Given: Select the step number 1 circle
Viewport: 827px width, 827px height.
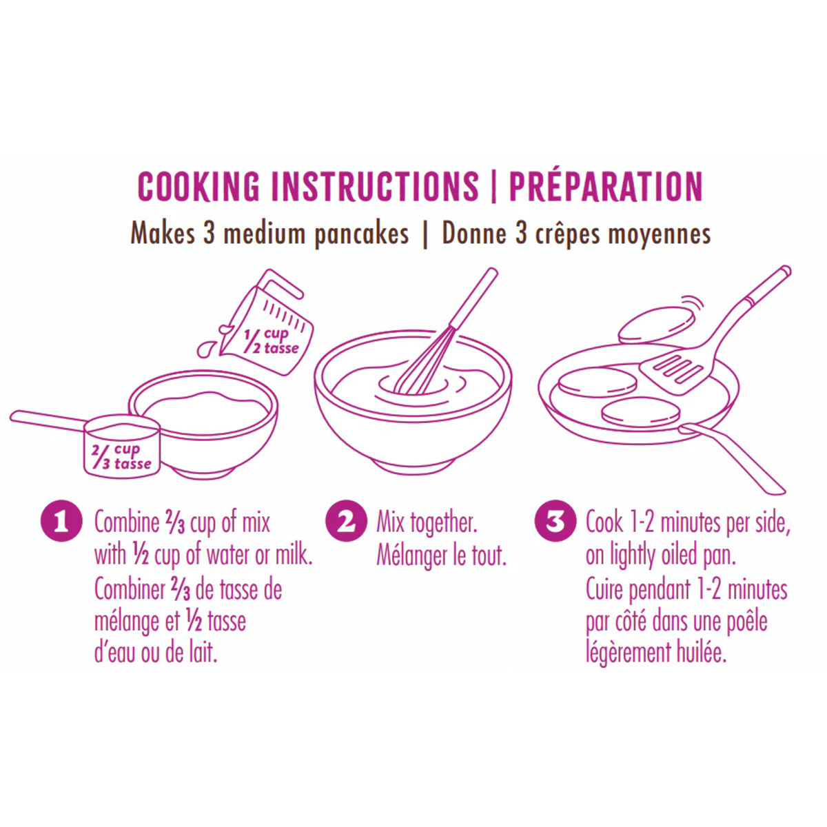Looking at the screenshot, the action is point(61,522).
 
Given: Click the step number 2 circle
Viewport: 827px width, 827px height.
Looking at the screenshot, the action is point(346,522).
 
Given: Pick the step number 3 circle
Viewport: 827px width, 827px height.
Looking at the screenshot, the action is point(555,522).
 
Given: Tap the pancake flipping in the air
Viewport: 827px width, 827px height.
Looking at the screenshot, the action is point(656,325).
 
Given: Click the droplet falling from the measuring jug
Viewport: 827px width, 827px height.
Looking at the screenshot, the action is point(206,350).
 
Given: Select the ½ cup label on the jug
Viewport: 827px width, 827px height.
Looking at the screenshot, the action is point(271,342).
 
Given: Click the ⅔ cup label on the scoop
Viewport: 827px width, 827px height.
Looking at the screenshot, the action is point(121,457).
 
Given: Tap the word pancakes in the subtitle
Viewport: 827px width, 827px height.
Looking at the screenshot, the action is point(361,235).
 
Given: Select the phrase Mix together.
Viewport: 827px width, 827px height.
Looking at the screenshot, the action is point(427,523).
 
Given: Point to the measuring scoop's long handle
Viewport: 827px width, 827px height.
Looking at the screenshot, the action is point(48,420).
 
